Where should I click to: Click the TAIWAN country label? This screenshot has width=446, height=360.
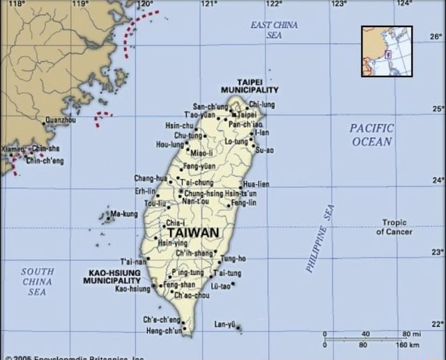(193, 233)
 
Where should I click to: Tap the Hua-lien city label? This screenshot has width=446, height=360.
(256, 184)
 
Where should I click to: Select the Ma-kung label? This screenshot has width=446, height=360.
(124, 214)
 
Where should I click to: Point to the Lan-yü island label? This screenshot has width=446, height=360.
(224, 324)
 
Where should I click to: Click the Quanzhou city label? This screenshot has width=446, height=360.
(61, 120)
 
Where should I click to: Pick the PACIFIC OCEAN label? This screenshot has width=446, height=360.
(371, 135)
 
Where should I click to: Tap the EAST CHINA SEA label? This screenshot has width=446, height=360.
(274, 29)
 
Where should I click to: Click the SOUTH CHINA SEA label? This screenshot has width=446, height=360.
(37, 281)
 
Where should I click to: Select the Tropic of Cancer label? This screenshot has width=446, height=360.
(394, 227)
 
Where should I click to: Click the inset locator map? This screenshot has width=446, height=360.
(386, 51)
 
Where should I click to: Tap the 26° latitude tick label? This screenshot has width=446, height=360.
(436, 36)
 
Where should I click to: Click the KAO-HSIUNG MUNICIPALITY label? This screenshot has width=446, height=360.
(111, 276)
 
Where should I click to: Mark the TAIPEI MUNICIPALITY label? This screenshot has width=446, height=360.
(249, 86)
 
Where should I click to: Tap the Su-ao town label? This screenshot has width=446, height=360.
(265, 150)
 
